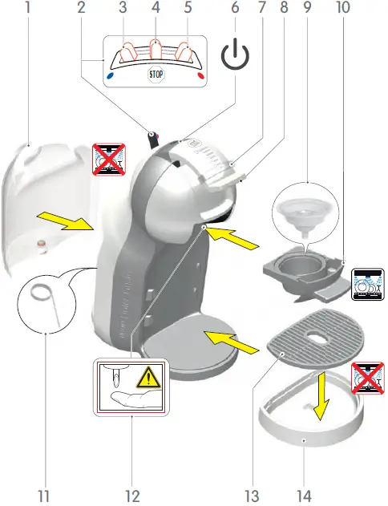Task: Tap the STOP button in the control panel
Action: pyautogui.click(x=156, y=75)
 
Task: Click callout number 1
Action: pyautogui.click(x=29, y=9)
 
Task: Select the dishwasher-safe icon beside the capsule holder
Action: pyautogui.click(x=368, y=285)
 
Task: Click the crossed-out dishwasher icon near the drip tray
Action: pyautogui.click(x=368, y=378)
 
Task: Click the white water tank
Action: pyautogui.click(x=44, y=208)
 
